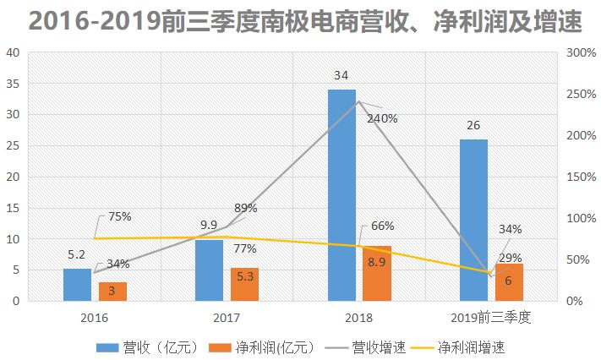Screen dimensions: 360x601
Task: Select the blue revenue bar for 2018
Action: click(341, 194)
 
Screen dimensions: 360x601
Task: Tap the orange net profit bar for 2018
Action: click(376, 273)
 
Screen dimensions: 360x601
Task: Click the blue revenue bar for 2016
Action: click(77, 285)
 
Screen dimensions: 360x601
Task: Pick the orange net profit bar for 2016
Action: click(112, 292)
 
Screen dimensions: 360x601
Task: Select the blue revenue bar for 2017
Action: click(209, 270)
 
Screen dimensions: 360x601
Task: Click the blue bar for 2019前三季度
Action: click(473, 220)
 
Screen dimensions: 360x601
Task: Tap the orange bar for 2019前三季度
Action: click(509, 282)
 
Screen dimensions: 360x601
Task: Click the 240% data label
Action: click(382, 118)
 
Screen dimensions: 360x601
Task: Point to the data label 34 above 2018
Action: click(341, 76)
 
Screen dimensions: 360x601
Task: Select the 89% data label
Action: click(246, 208)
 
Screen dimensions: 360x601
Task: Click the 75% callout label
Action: click(119, 216)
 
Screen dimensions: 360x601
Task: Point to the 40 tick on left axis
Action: click(13, 52)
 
